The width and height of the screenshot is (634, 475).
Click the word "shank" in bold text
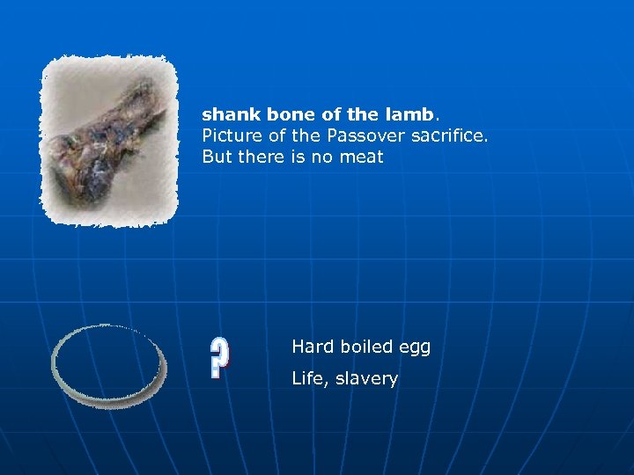(225, 115)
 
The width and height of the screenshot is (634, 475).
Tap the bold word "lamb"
(410, 115)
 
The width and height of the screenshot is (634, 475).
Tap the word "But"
(217, 158)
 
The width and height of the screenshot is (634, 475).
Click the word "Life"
(310, 379)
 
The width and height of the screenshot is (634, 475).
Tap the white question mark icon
(220, 357)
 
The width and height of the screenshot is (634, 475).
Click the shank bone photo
(109, 141)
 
